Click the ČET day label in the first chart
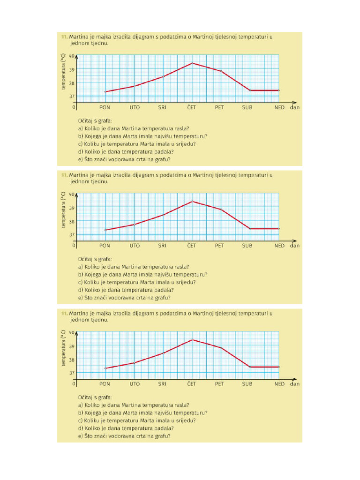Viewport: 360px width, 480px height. [x=191, y=107]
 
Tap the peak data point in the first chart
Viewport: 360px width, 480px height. [x=192, y=63]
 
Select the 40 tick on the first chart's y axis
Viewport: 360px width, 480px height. [x=72, y=56]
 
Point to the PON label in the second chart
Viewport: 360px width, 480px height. [x=105, y=246]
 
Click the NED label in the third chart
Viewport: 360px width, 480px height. [x=279, y=384]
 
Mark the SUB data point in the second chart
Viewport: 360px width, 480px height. [x=250, y=228]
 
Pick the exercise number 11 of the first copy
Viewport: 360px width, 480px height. [x=63, y=37]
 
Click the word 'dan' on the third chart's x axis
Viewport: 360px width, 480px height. [x=295, y=384]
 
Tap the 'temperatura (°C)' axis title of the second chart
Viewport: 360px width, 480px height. [x=63, y=210]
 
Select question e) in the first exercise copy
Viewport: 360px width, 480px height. [x=124, y=159]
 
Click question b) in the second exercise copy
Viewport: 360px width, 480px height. [x=142, y=275]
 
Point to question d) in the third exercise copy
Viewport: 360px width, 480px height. [x=126, y=428]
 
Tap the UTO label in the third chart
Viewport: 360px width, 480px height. [x=135, y=384]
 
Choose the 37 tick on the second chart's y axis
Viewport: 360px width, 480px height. [x=72, y=235]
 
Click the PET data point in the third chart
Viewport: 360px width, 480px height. [x=221, y=347]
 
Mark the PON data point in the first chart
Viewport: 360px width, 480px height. [x=105, y=91]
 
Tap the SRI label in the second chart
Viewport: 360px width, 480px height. [x=162, y=246]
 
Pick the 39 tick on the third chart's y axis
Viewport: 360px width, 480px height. [x=72, y=346]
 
